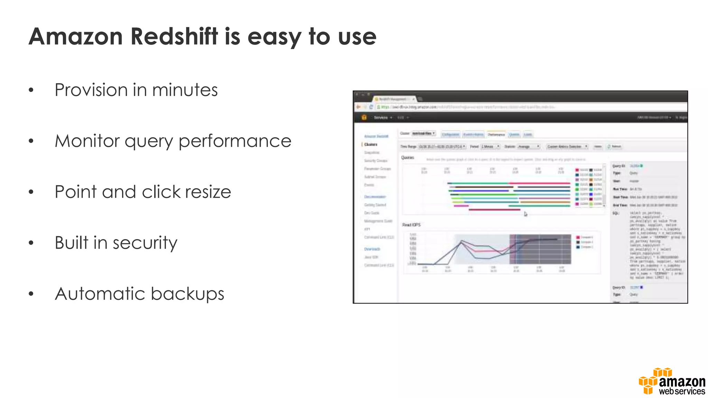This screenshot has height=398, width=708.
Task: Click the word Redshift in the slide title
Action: (175, 37)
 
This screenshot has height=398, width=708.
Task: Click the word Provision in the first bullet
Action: (91, 91)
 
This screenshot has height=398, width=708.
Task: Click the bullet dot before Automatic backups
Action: (31, 294)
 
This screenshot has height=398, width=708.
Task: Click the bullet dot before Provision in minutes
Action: (31, 91)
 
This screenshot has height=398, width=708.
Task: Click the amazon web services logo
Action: (672, 382)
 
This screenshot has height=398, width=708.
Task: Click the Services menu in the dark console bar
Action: (381, 118)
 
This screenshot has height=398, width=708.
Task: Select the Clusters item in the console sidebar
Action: (371, 144)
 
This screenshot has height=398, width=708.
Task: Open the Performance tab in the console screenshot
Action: (496, 134)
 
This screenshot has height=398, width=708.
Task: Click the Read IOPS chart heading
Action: (411, 225)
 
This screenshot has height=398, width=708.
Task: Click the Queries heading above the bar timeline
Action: (408, 158)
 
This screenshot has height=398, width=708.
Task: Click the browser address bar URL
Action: (467, 107)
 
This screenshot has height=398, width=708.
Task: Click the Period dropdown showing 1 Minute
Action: (491, 146)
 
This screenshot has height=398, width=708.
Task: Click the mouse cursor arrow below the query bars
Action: (525, 214)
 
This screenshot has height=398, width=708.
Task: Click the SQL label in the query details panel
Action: (616, 213)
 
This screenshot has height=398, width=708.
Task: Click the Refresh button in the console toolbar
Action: (615, 146)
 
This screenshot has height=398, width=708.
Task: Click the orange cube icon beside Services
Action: (364, 117)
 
